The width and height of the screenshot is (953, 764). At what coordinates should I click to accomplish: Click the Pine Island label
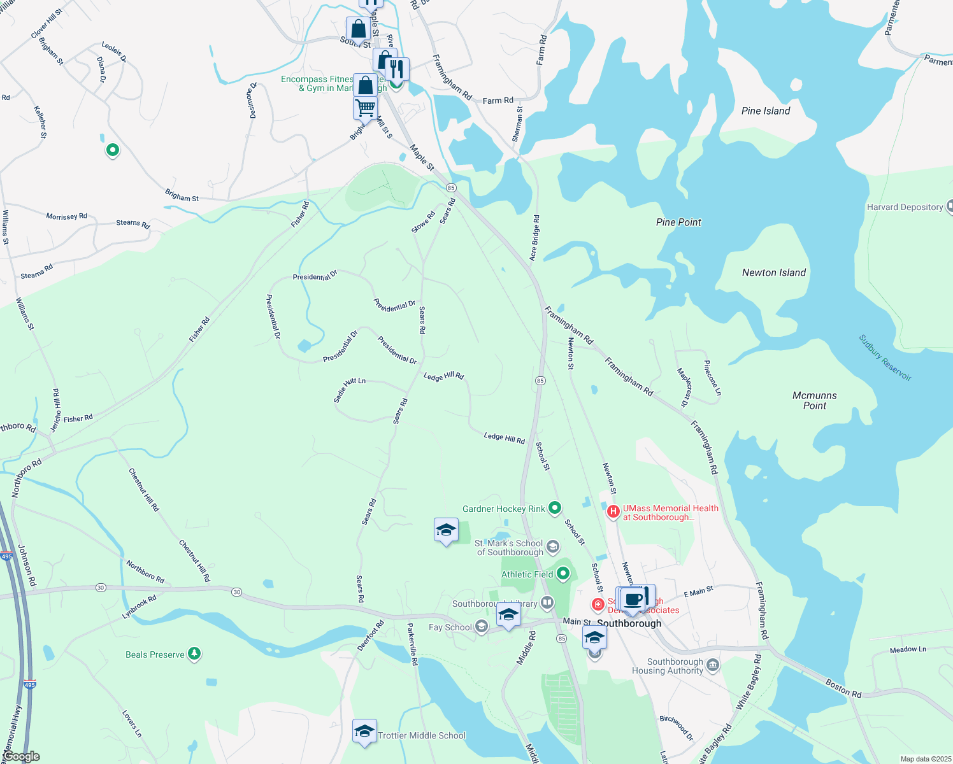[x=766, y=111]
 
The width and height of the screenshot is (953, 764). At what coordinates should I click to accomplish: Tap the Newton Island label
[x=774, y=272]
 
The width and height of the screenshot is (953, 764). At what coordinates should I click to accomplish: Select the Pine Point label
[x=678, y=222]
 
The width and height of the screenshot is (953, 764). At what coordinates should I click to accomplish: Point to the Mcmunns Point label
[x=814, y=400]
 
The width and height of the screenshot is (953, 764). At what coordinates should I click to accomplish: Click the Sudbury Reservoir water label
[x=885, y=358]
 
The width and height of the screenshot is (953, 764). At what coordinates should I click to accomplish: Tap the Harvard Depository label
[x=905, y=207]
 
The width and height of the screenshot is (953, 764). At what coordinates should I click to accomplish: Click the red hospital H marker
[x=613, y=511]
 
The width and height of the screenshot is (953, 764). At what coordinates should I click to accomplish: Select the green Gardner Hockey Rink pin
[x=555, y=507]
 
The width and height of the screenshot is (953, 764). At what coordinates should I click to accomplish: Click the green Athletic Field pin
[x=563, y=574]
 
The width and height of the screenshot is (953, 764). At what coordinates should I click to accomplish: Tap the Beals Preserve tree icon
[x=194, y=654]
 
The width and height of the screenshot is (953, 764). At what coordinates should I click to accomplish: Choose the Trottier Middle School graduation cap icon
[x=364, y=731]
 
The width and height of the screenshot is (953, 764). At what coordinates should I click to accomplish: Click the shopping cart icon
[x=365, y=107]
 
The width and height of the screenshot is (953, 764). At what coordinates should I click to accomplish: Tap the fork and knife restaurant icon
[x=397, y=68]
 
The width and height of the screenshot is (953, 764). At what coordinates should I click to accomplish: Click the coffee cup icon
[x=634, y=600]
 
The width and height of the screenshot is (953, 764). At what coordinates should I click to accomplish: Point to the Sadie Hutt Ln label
[x=349, y=389]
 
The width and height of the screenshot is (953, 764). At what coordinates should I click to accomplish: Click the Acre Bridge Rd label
[x=534, y=237]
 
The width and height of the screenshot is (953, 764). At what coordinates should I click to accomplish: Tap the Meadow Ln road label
[x=908, y=649]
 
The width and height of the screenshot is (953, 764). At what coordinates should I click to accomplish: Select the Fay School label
[x=450, y=627]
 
